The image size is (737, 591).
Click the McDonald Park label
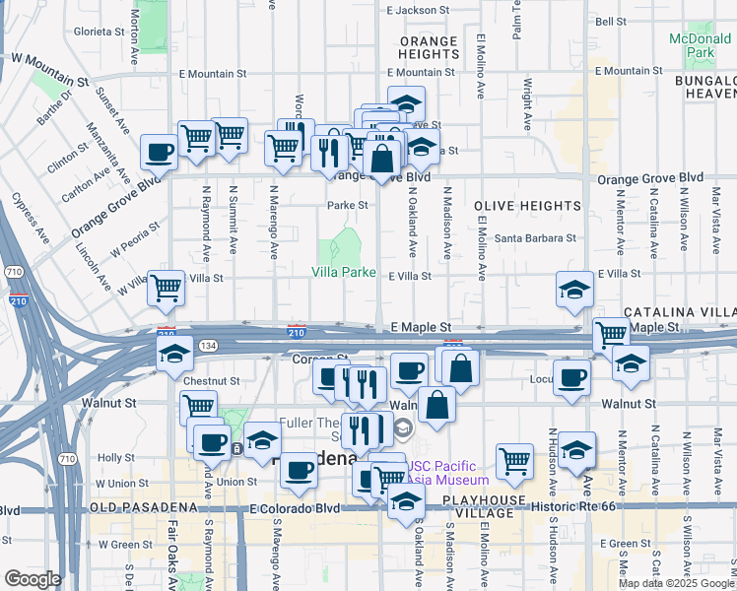pyautogui.click(x=703, y=45)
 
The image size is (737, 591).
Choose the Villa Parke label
pyautogui.click(x=344, y=272)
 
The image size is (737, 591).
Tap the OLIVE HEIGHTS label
pyautogui.click(x=527, y=206)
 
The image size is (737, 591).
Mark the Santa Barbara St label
pyautogui.click(x=535, y=238)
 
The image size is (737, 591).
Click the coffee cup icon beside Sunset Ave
pyautogui.click(x=159, y=153)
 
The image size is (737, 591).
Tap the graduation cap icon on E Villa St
pyautogui.click(x=574, y=290)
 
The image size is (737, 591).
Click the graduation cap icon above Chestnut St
pyautogui.click(x=174, y=354)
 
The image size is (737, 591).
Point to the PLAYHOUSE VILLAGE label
pyautogui.click(x=485, y=501)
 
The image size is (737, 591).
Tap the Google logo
pyautogui.click(x=32, y=579)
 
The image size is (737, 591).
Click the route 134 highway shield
pyautogui.click(x=210, y=346)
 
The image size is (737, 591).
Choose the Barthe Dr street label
pyautogui.click(x=53, y=109)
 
